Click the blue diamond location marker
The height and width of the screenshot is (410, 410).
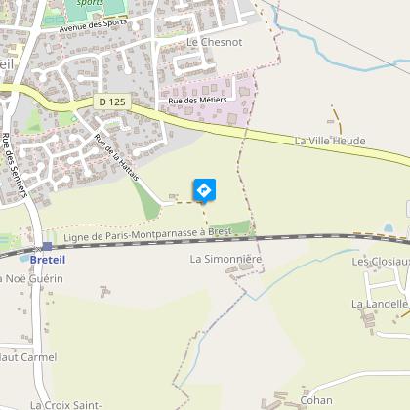pyautogui.click(x=203, y=188)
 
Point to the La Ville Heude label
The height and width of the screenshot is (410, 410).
pyautogui.click(x=329, y=142)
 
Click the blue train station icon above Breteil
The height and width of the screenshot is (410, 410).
pyautogui.click(x=46, y=246)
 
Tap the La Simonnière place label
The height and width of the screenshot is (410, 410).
pyautogui.click(x=226, y=259)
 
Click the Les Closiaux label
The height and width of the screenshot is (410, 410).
pyautogui.click(x=381, y=262)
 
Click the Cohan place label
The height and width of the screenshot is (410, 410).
pyautogui.click(x=316, y=399)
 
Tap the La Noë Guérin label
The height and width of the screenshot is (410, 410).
pyautogui.click(x=33, y=278)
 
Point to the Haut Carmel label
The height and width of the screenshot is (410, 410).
pyautogui.click(x=29, y=356)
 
